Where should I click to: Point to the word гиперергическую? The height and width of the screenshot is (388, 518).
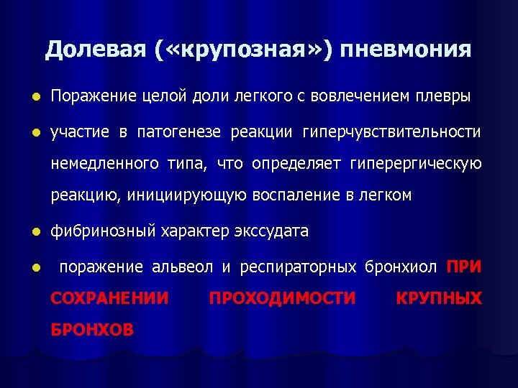pos(415,164)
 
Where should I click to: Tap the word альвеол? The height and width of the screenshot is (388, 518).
pos(182,267)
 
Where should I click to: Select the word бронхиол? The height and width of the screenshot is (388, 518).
pos(401,267)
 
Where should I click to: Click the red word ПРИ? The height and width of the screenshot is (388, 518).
pos(464,267)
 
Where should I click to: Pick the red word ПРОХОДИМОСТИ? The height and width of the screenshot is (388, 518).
pos(282,298)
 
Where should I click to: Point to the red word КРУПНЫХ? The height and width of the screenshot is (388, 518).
pos(439,298)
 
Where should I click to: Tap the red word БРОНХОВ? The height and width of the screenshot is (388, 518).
pos(92,330)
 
